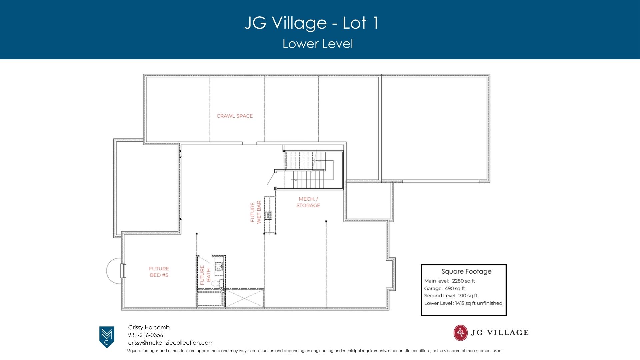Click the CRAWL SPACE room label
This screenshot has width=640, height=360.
tap(235, 116)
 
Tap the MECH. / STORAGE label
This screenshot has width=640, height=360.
tap(308, 202)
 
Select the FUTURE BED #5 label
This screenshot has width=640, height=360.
tap(159, 272)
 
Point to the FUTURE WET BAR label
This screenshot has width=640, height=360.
tap(256, 212)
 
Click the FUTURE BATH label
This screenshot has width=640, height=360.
tap(205, 275)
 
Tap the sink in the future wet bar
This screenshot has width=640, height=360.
tap(268, 216)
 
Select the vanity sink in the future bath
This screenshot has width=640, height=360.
tap(219, 266)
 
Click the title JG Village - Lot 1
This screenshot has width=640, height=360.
tap(311, 23)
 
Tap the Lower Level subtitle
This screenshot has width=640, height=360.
tap(318, 44)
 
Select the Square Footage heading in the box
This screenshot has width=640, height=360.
tap(466, 271)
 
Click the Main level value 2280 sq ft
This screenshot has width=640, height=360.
tap(463, 281)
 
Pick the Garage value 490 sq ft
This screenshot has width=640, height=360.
tap(455, 288)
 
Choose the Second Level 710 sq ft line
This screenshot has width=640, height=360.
tap(451, 296)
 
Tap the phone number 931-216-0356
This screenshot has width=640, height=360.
tap(146, 335)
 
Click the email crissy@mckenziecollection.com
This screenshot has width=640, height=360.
tap(171, 343)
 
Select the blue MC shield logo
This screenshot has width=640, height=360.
tap(107, 337)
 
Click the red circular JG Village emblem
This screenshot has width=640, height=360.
tap(460, 332)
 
